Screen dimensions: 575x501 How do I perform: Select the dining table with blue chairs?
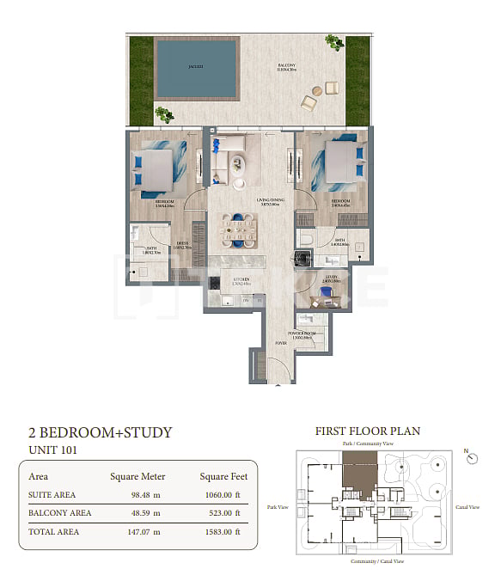point(238,230)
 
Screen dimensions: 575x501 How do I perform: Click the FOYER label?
point(280,343)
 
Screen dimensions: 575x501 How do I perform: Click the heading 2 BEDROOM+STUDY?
point(101,433)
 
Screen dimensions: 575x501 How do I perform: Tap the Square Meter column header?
point(137,476)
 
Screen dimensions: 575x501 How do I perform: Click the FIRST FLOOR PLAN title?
point(368,431)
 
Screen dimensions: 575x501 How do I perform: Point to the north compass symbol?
point(471,458)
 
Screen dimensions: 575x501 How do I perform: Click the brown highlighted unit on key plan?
point(358,477)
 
